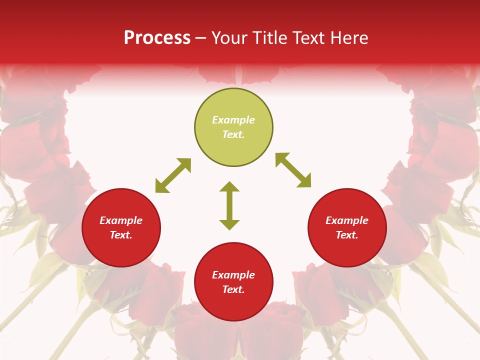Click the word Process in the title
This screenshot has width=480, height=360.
tap(157, 38)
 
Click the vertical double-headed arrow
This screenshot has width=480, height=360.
tap(229, 205)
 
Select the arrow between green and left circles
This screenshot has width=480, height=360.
tap(173, 175)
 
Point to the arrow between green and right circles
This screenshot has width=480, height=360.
tap(293, 170)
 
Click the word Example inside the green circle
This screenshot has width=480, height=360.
tap(233, 120)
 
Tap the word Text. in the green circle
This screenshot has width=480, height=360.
tap(233, 134)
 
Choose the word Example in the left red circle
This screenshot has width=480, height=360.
tap(121, 220)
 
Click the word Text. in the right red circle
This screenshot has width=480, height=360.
tap(347, 235)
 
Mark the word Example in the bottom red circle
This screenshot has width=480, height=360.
tap(233, 275)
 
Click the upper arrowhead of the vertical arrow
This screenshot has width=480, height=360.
tap(229, 186)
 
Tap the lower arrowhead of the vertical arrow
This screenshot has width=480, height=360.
tap(229, 224)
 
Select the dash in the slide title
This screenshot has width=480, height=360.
tap(201, 38)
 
